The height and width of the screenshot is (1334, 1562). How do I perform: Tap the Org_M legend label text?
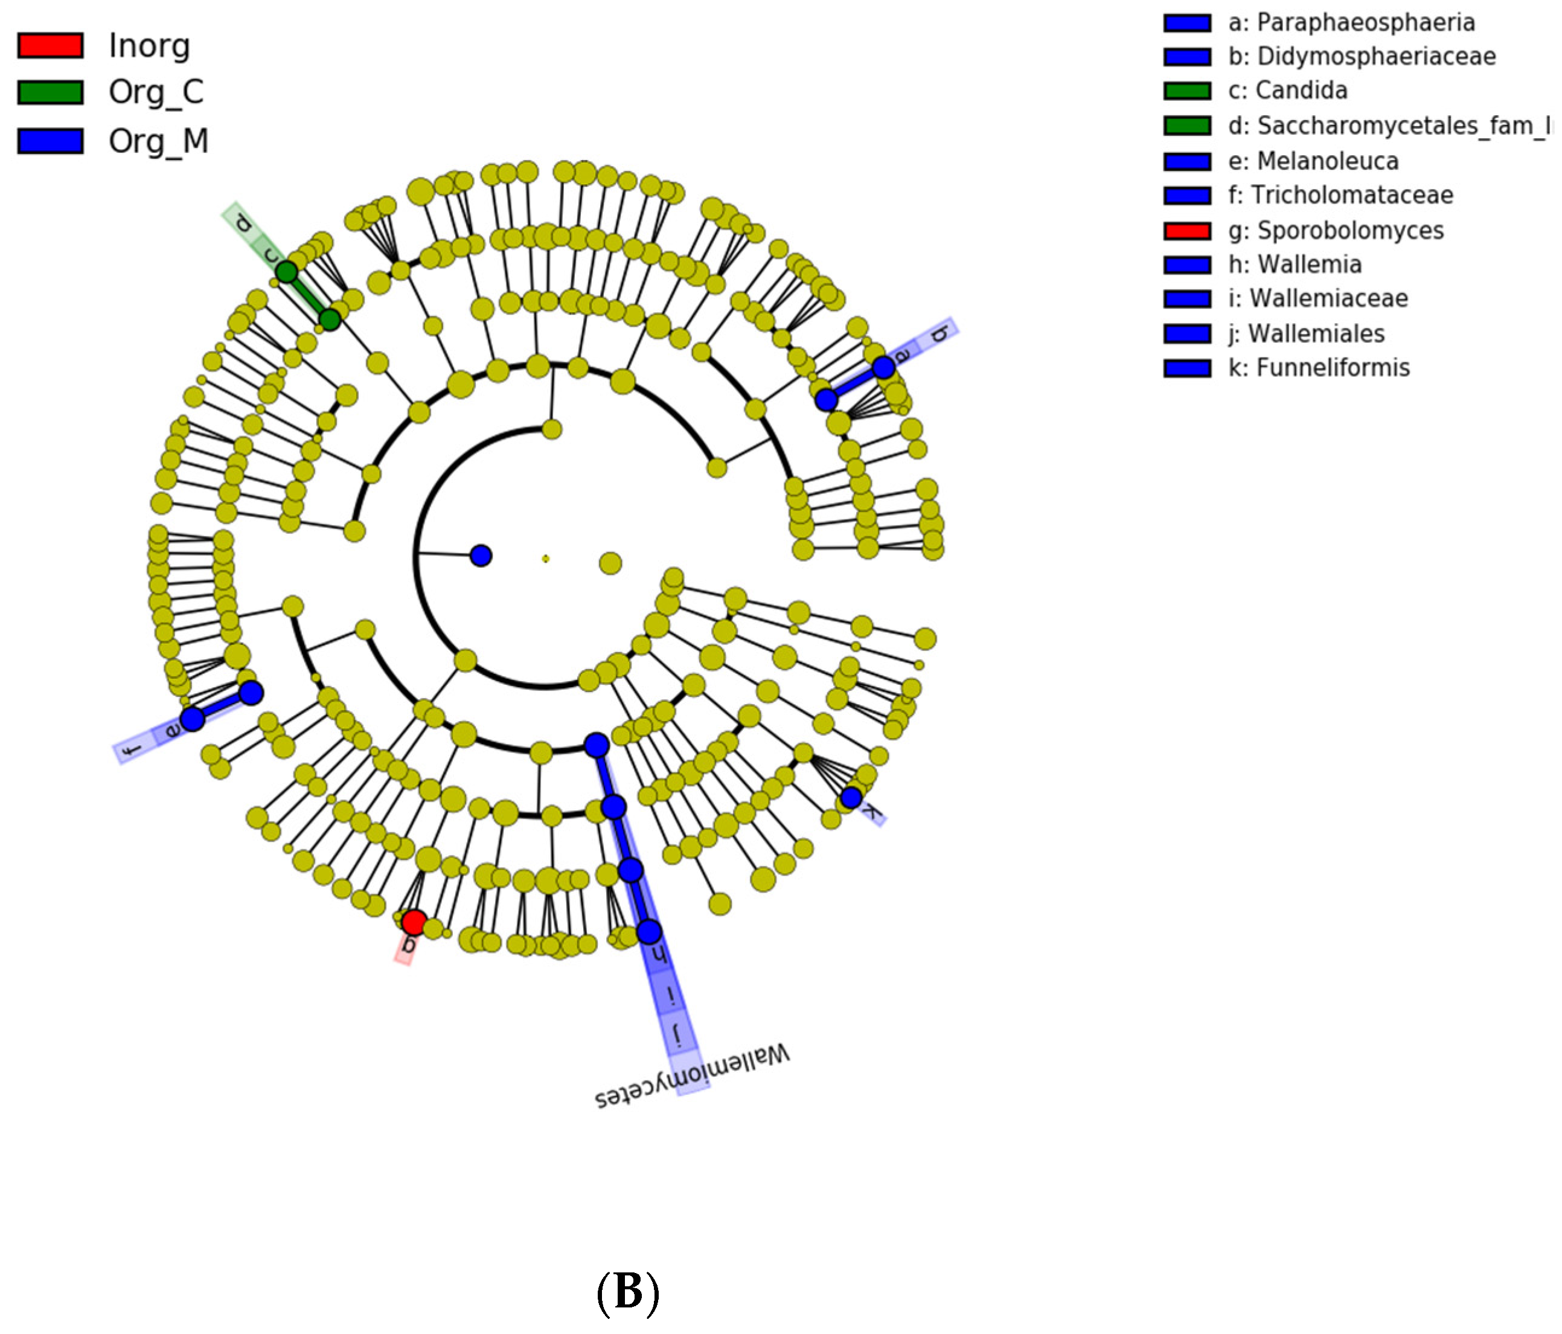(158, 141)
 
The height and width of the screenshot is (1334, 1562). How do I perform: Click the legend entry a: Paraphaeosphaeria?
(1350, 22)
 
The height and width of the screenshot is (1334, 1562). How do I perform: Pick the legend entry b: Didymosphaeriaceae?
(1361, 57)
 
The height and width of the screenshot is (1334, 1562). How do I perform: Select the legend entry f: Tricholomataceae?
(1351, 195)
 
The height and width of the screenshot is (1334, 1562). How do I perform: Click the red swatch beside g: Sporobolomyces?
(1186, 231)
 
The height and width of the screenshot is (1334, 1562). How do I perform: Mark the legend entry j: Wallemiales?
(1316, 333)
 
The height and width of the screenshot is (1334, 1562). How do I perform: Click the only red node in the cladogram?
(414, 922)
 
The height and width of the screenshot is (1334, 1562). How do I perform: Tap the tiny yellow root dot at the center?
(546, 559)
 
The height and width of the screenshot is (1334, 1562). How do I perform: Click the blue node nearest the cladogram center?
(481, 556)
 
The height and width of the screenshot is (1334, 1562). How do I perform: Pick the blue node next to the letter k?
(851, 797)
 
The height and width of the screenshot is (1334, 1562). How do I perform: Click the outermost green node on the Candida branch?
(286, 272)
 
